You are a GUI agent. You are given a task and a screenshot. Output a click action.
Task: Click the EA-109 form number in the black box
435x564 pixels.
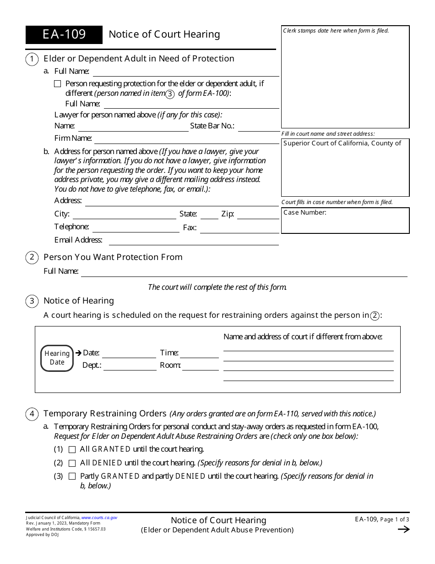(x=64, y=35)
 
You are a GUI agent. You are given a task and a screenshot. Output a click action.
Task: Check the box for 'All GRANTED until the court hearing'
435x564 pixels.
(x=72, y=449)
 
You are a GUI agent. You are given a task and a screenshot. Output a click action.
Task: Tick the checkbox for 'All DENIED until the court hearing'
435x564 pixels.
(x=72, y=463)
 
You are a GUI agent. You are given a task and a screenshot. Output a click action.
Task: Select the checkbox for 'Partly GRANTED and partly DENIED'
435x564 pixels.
(x=72, y=476)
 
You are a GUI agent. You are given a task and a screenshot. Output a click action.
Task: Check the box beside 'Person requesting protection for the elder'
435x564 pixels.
(x=57, y=84)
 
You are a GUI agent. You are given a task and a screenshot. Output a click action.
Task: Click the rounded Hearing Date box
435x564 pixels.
(x=57, y=358)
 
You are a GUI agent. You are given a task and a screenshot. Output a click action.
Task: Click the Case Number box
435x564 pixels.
(x=345, y=221)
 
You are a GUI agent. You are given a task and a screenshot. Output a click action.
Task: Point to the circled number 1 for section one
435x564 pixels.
(x=32, y=59)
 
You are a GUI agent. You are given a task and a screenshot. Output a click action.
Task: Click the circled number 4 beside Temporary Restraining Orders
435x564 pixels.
(x=32, y=414)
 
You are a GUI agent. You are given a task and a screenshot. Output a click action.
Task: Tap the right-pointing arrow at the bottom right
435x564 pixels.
(x=403, y=530)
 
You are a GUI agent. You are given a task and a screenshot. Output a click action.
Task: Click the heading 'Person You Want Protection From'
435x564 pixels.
(x=113, y=257)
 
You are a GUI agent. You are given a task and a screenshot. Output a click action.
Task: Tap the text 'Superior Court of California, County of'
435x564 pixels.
(x=343, y=144)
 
